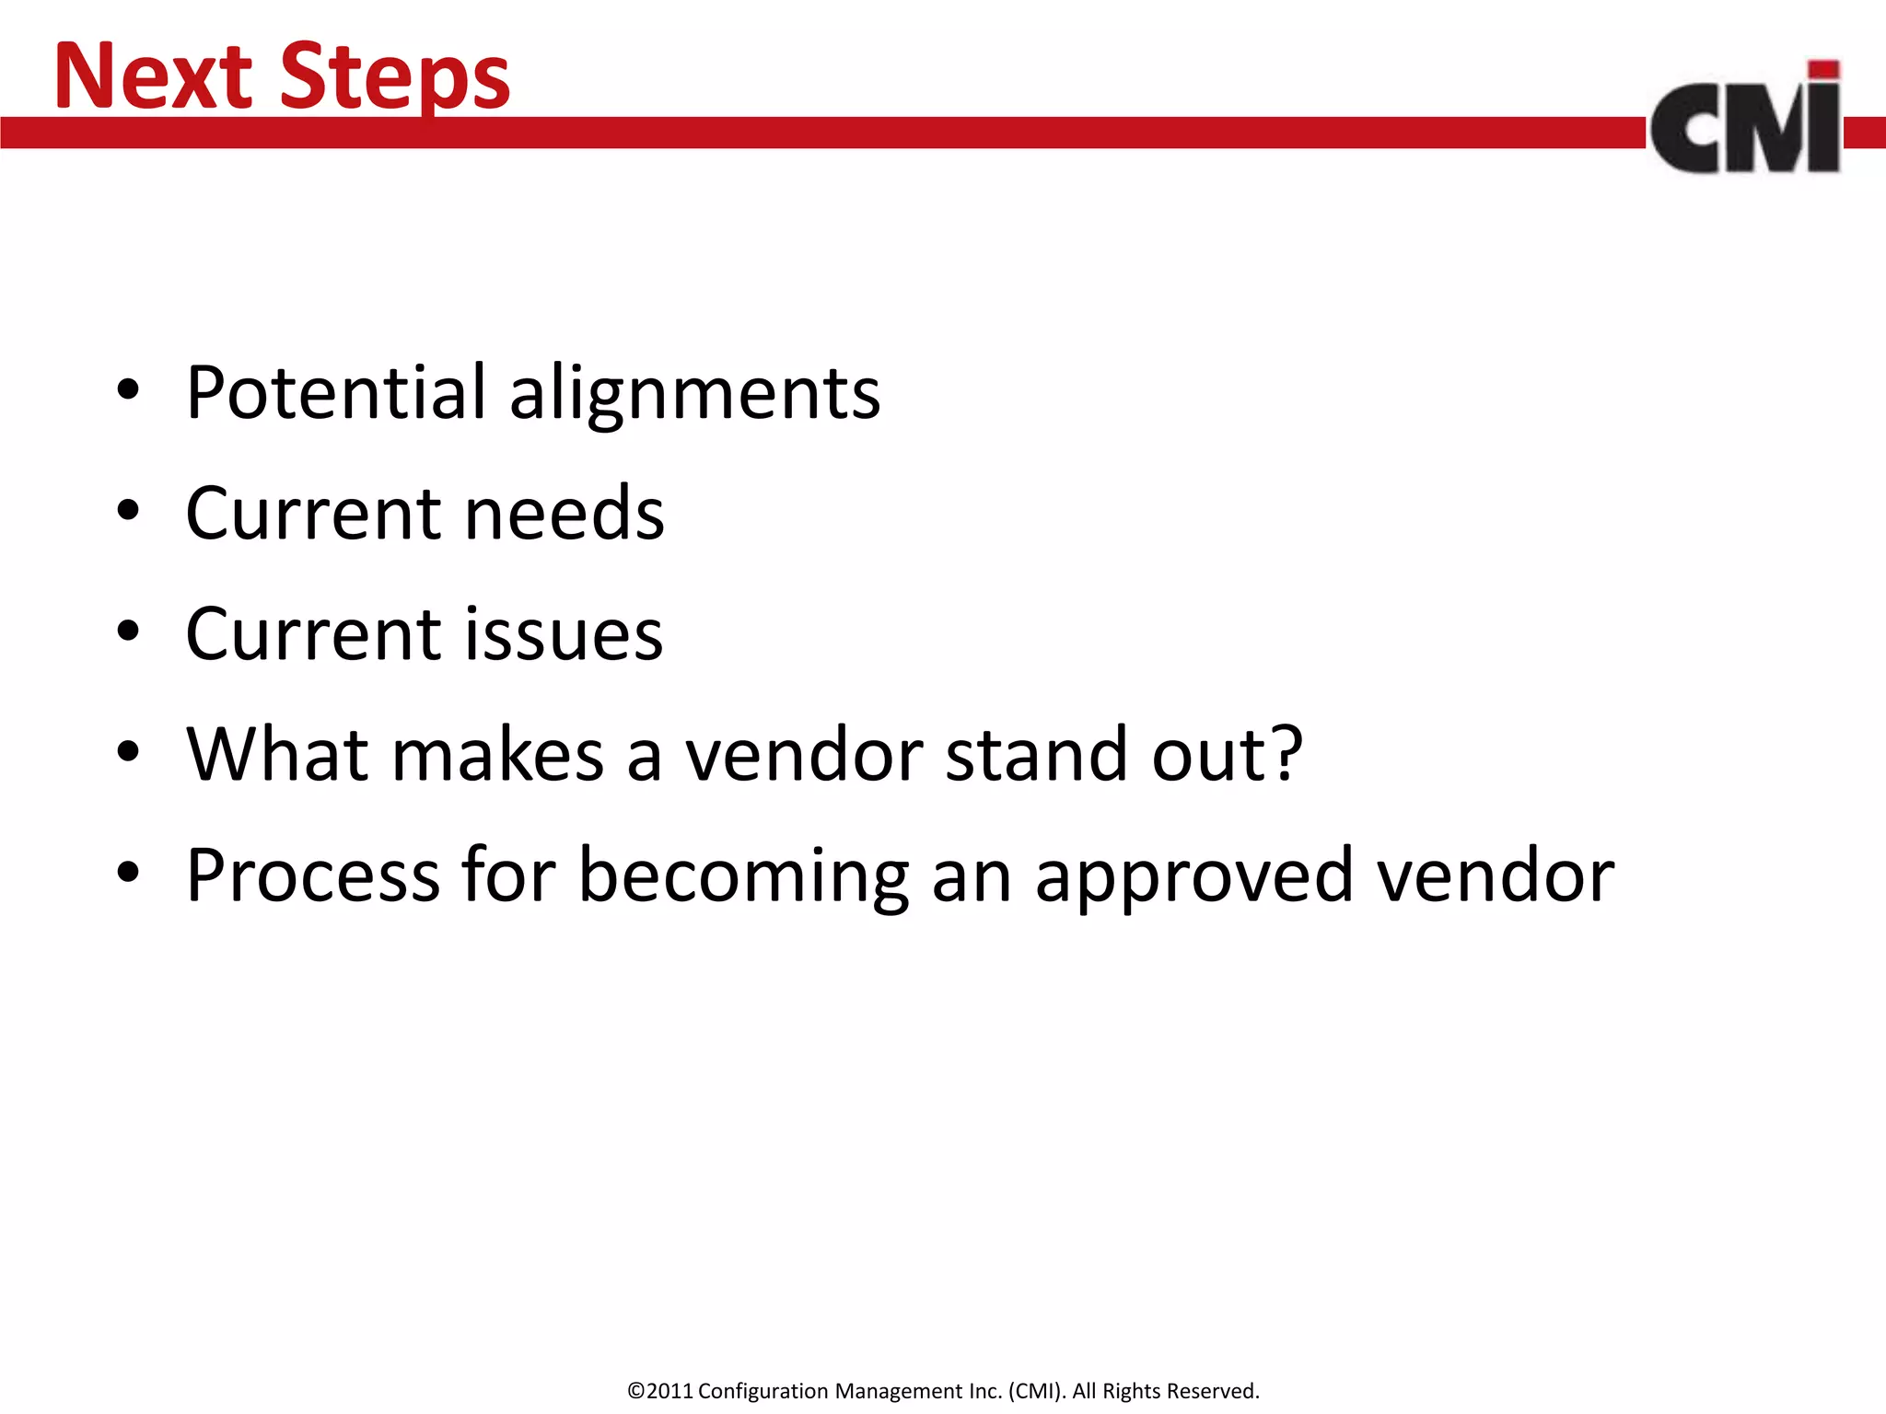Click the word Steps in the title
(394, 77)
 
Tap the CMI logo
(1746, 120)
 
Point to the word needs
(564, 513)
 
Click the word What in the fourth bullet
(277, 754)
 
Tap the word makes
(497, 754)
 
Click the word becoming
(744, 877)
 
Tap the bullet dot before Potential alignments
(128, 389)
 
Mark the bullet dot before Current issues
(128, 631)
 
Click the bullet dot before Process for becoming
(128, 872)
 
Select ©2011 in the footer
(659, 1391)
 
